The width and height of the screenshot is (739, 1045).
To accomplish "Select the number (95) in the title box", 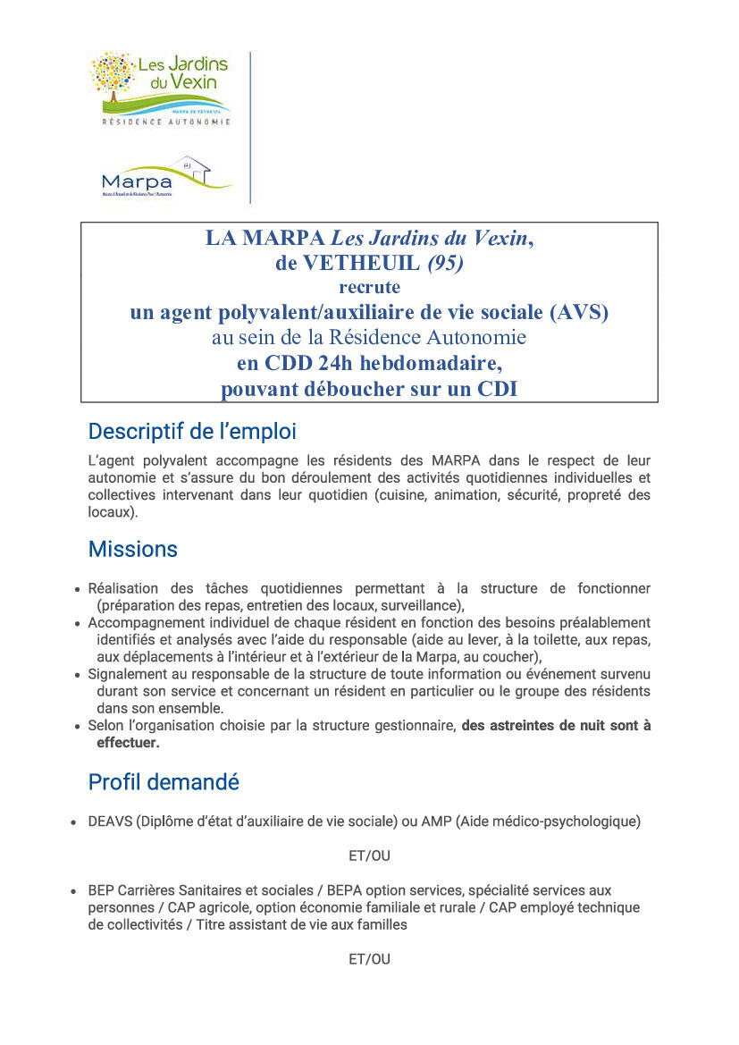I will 446,263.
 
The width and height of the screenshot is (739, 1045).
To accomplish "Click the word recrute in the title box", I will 369,287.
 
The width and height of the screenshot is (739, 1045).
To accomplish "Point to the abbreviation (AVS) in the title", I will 580,312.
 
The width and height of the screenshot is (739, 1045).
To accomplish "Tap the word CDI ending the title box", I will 496,389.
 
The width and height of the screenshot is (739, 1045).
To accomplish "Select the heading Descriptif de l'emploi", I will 192,432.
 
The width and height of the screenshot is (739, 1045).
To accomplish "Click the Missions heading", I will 133,549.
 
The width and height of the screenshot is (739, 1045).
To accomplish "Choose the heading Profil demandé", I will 164,782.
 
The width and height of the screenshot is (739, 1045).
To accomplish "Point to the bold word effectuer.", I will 128,742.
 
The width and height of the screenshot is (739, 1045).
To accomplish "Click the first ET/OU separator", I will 369,855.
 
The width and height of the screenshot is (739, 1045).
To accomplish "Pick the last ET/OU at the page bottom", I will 369,959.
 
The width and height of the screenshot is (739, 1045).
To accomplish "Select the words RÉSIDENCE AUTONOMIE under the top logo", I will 166,121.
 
